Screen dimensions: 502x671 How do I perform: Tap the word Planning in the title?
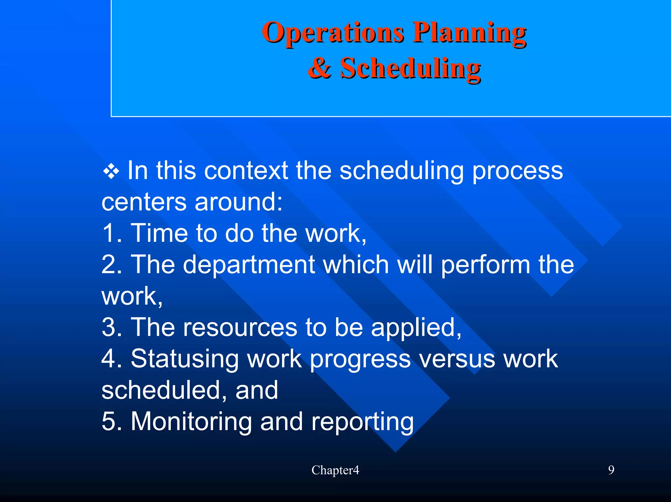pyautogui.click(x=469, y=33)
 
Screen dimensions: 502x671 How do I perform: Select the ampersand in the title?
pyautogui.click(x=319, y=68)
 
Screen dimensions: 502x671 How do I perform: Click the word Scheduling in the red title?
pyautogui.click(x=410, y=69)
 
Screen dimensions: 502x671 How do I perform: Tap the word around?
pyautogui.click(x=238, y=202)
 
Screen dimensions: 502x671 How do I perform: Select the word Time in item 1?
pyautogui.click(x=159, y=233)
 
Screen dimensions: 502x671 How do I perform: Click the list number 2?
pyautogui.click(x=111, y=264)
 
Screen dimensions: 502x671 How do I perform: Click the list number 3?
pyautogui.click(x=111, y=327)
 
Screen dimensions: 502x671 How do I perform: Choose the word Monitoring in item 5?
pyautogui.click(x=191, y=421)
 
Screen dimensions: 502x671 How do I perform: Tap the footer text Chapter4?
pyautogui.click(x=335, y=470)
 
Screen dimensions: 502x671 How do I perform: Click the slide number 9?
pyautogui.click(x=611, y=470)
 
